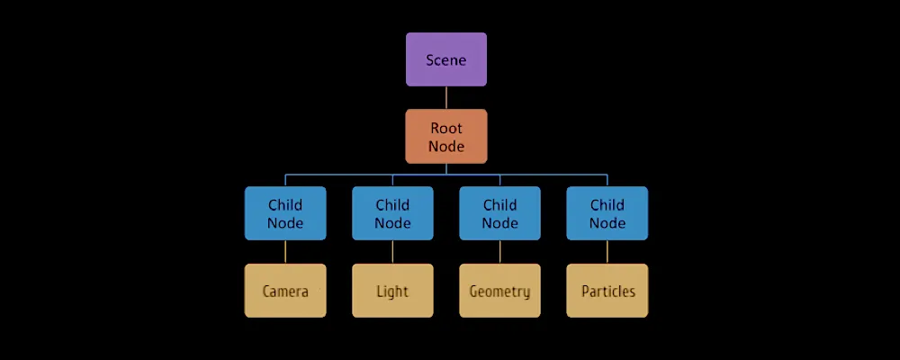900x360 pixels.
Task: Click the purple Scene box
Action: [x=446, y=59]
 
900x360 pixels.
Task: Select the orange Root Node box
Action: [x=446, y=137]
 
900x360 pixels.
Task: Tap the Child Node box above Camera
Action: [x=285, y=213]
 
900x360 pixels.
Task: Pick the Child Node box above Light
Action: [x=392, y=213]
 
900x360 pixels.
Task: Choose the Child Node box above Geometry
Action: [x=499, y=213]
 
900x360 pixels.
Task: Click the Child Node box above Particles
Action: [x=607, y=213]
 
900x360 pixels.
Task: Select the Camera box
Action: [x=285, y=291]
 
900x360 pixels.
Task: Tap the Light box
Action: [x=392, y=291]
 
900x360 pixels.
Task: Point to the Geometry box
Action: [x=499, y=291]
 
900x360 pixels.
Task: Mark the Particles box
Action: [x=607, y=291]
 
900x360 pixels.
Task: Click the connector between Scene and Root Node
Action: [x=446, y=98]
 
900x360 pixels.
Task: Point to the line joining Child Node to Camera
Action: [x=285, y=252]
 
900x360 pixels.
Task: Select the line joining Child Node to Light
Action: [x=392, y=252]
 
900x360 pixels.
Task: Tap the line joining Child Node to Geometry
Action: [x=499, y=252]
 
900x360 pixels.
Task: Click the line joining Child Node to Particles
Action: [x=607, y=252]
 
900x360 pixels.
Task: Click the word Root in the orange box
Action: [x=446, y=128]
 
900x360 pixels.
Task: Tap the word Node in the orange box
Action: [x=446, y=146]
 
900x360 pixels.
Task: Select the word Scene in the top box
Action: [x=446, y=59]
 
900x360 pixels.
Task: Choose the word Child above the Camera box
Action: [x=285, y=204]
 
